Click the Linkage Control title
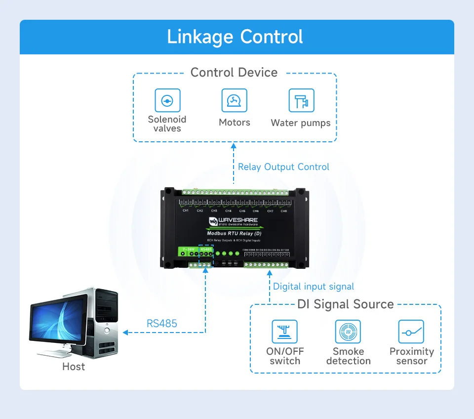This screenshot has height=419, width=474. [x=235, y=37]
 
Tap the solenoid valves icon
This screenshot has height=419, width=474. [x=167, y=101]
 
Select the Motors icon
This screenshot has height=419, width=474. [x=234, y=101]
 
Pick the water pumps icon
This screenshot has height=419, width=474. [x=301, y=101]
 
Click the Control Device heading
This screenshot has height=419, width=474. [x=234, y=73]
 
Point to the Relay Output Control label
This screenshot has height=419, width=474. [x=283, y=167]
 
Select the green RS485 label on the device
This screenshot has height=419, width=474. [x=206, y=250]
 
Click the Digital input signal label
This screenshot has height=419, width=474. [x=314, y=287]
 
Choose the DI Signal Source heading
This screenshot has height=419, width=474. [x=346, y=304]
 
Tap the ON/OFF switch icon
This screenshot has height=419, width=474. [x=285, y=332]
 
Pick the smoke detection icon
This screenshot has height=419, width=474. [x=348, y=332]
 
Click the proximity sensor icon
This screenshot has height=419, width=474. [x=411, y=332]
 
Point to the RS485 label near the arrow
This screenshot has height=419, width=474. [x=162, y=324]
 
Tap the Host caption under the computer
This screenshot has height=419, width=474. [x=74, y=367]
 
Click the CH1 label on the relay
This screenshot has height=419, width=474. [x=186, y=211]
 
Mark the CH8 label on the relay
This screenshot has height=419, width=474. [x=284, y=211]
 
